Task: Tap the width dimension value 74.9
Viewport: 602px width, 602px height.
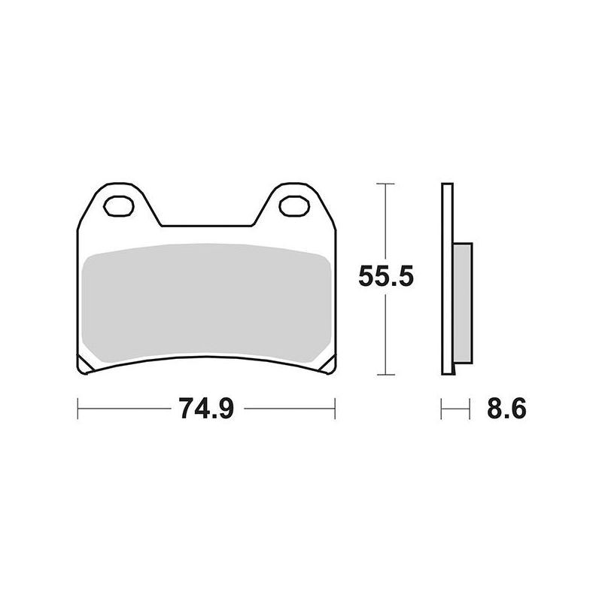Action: tap(206, 410)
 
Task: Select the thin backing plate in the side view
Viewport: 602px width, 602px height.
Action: tap(447, 278)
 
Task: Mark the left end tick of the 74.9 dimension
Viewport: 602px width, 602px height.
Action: tap(78, 410)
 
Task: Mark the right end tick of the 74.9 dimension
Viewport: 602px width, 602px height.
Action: tap(335, 410)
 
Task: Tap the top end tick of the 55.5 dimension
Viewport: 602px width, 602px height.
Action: tap(385, 183)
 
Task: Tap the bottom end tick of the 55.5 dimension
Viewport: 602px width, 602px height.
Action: tap(385, 374)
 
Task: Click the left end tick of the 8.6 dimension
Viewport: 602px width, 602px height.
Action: tap(442, 410)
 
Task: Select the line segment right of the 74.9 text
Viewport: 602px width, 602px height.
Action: tap(290, 410)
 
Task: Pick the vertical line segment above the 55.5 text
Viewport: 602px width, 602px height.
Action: tap(385, 222)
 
